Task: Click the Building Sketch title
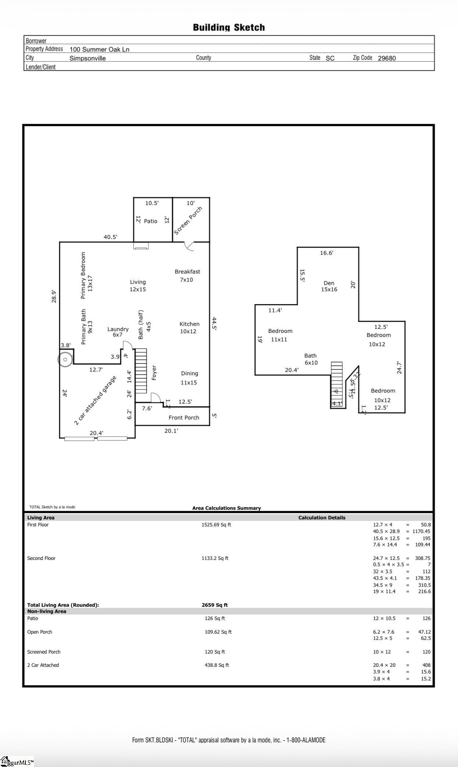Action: pyautogui.click(x=229, y=28)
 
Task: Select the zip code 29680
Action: pyautogui.click(x=387, y=58)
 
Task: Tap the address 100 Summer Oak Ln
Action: pyautogui.click(x=99, y=49)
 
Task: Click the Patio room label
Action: pyautogui.click(x=151, y=221)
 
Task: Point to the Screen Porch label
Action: pyautogui.click(x=188, y=221)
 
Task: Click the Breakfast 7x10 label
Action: pyautogui.click(x=187, y=276)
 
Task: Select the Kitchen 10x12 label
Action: pyautogui.click(x=189, y=328)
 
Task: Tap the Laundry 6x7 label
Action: pyautogui.click(x=118, y=332)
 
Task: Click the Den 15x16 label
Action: pyautogui.click(x=329, y=286)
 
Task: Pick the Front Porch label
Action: pyautogui.click(x=184, y=418)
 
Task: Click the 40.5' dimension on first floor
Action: pyautogui.click(x=110, y=237)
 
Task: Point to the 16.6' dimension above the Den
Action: pyautogui.click(x=327, y=253)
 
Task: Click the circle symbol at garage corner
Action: pyautogui.click(x=65, y=359)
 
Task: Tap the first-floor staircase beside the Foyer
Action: pyautogui.click(x=141, y=370)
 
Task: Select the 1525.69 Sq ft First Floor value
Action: pyautogui.click(x=216, y=525)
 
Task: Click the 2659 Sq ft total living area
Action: pyautogui.click(x=215, y=605)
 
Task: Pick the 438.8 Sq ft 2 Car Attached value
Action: pyautogui.click(x=216, y=665)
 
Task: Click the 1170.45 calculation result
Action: pyautogui.click(x=421, y=531)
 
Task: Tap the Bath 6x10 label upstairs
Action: pyautogui.click(x=311, y=359)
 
